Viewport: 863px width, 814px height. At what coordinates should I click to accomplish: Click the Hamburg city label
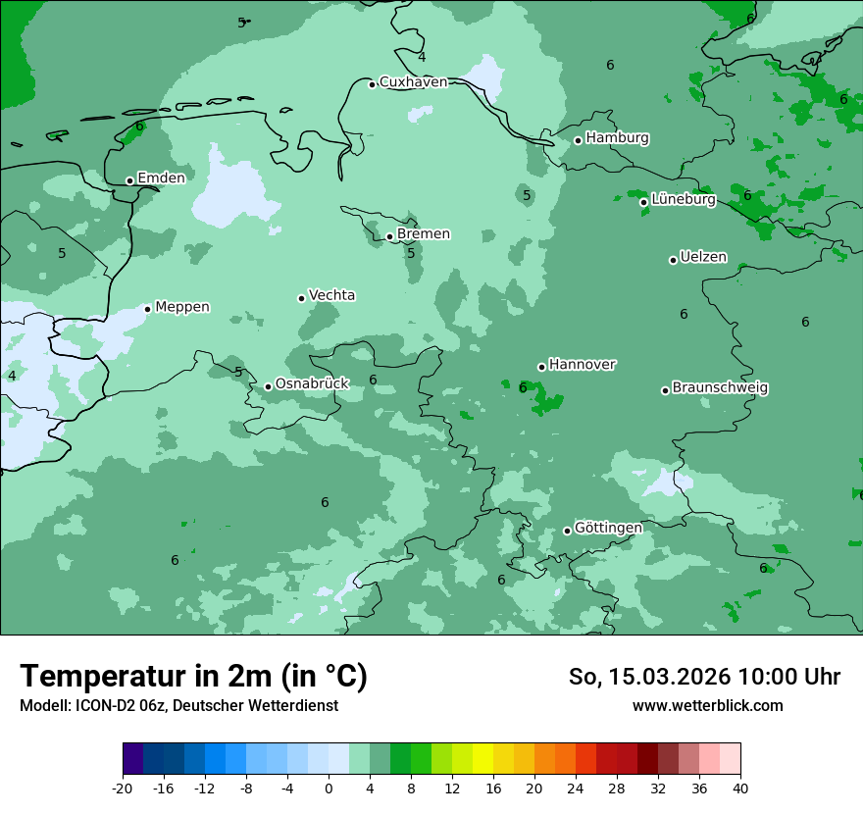[617, 138]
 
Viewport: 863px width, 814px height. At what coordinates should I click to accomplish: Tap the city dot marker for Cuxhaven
[373, 84]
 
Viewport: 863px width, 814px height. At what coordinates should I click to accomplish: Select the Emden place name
[161, 178]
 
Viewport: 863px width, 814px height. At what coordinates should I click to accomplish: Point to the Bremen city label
[423, 234]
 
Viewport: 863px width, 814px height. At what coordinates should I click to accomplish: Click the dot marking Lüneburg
[644, 202]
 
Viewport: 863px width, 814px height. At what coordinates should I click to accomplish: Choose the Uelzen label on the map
[703, 257]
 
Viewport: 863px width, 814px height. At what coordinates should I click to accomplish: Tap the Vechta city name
[331, 295]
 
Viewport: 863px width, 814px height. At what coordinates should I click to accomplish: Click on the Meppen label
[181, 307]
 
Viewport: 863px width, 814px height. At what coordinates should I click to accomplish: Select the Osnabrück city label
[312, 383]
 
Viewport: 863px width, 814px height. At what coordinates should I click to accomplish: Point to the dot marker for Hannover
[541, 368]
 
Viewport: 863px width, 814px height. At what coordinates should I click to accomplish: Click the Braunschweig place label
[720, 387]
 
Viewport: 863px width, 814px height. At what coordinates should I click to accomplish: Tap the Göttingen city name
[608, 528]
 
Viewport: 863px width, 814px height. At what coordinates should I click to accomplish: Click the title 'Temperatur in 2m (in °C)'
[193, 677]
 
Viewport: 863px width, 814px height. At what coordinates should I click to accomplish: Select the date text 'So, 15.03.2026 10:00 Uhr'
[704, 677]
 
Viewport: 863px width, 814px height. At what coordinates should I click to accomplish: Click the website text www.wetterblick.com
[707, 706]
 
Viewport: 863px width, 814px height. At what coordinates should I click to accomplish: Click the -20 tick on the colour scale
[123, 789]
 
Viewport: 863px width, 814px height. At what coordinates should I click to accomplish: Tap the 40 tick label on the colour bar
[739, 789]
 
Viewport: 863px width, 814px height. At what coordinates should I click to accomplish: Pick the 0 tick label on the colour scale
[329, 789]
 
